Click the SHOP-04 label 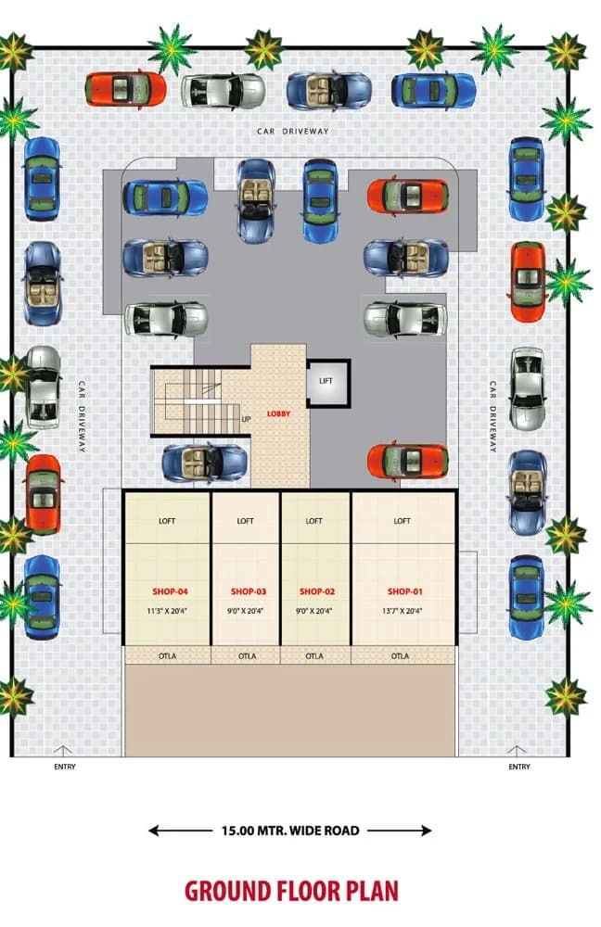[x=170, y=591]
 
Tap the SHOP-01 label [x=404, y=591]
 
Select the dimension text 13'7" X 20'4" [x=403, y=611]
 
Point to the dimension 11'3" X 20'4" [x=167, y=611]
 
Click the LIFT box [x=328, y=383]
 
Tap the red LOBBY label [x=278, y=413]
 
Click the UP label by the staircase [x=246, y=419]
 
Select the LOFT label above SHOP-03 [x=245, y=521]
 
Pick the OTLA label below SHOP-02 [x=314, y=655]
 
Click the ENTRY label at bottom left [x=65, y=767]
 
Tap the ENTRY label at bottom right [x=519, y=767]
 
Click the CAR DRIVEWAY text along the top [x=293, y=132]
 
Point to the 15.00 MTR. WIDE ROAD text [x=290, y=831]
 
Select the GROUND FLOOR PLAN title [x=291, y=892]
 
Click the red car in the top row [x=125, y=89]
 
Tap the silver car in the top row [x=223, y=92]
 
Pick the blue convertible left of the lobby [x=205, y=463]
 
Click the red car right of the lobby [x=407, y=461]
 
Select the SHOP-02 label [x=317, y=591]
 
